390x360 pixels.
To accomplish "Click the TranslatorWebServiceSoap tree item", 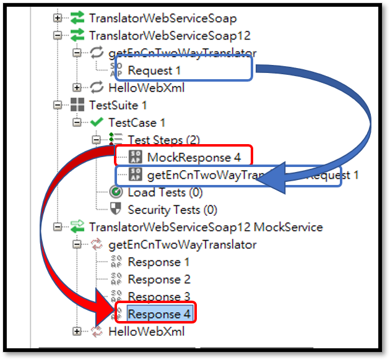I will click(x=162, y=19).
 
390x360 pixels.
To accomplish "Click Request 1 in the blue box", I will click(x=155, y=70).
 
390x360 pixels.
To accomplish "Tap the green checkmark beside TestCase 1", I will click(x=96, y=122).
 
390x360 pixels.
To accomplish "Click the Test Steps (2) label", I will click(x=163, y=140).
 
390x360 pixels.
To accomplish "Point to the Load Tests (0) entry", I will click(x=165, y=192).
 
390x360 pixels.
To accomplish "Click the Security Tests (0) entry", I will click(x=173, y=210).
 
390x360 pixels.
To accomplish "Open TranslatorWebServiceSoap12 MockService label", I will click(x=206, y=227).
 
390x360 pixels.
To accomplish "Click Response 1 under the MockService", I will click(x=158, y=262).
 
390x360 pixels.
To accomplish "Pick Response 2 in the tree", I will click(x=159, y=279).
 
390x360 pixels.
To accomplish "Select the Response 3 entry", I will click(x=159, y=296).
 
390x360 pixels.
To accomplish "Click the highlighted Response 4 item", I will click(x=159, y=314).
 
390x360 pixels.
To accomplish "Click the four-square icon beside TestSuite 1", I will click(x=77, y=105).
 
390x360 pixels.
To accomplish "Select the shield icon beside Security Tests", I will click(x=116, y=210).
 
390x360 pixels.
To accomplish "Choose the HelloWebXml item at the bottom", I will click(x=146, y=332).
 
